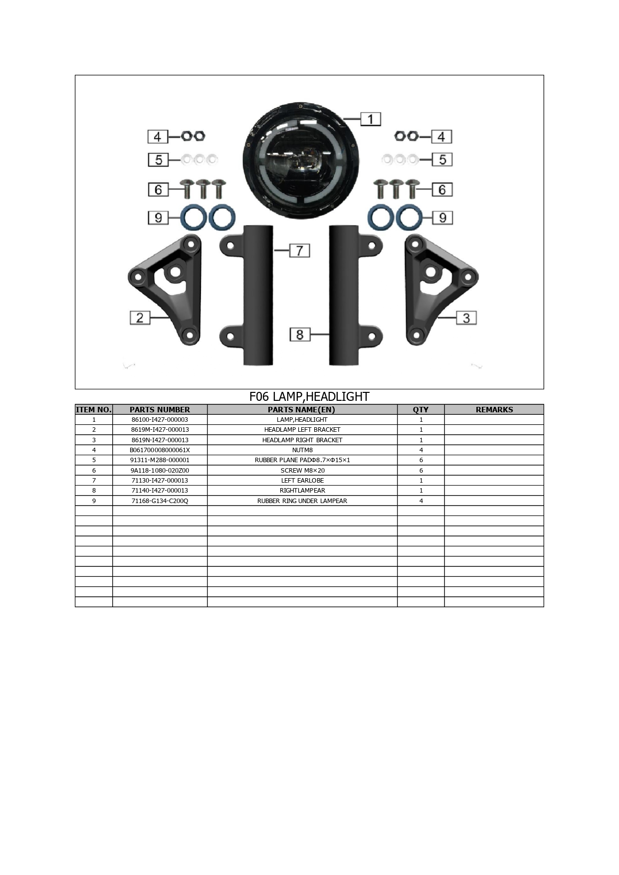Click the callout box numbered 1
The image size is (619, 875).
[x=371, y=119]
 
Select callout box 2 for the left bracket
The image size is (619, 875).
[x=140, y=318]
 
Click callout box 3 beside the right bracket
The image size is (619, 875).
[x=466, y=318]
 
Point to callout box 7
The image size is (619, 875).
[x=299, y=250]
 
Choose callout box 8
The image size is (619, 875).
[x=300, y=335]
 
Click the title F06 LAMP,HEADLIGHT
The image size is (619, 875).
[x=309, y=397]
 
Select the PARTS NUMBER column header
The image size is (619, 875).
[x=160, y=410]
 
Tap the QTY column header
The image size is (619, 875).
[x=421, y=410]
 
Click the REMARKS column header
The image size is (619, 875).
[x=494, y=410]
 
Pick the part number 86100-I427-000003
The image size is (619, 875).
[x=160, y=420]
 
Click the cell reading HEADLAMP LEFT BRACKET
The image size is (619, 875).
[x=302, y=430]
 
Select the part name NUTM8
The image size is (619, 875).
[x=302, y=450]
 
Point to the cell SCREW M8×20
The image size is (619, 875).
[x=302, y=471]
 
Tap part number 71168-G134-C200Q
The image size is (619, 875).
[x=160, y=501]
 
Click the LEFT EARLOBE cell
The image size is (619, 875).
[x=302, y=481]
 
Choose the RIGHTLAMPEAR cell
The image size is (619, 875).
[x=302, y=491]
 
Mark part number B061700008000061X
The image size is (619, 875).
[x=160, y=450]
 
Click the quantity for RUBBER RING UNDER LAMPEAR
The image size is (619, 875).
[x=421, y=501]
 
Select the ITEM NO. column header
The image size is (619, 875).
[x=94, y=410]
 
